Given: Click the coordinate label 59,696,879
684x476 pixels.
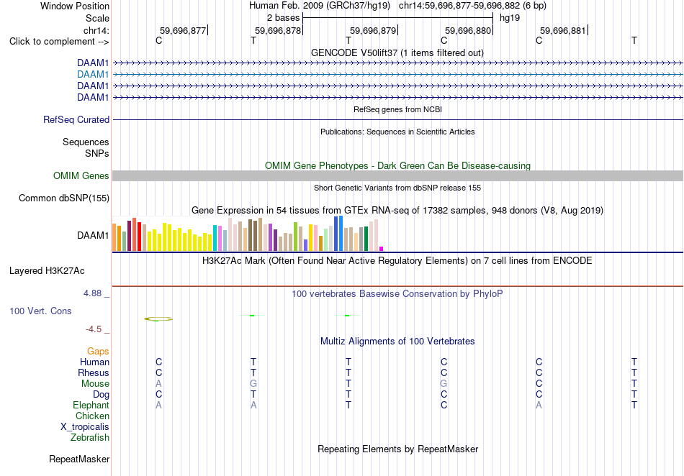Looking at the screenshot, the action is (x=373, y=30).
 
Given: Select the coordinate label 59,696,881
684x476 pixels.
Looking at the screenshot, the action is (x=563, y=30).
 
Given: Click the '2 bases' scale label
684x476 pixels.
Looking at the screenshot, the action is (x=284, y=18).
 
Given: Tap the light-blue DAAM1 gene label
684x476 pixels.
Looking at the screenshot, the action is (x=93, y=75).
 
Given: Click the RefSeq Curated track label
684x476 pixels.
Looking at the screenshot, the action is (x=76, y=120).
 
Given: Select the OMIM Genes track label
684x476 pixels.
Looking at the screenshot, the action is (x=81, y=175).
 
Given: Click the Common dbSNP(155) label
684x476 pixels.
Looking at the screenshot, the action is (x=64, y=198).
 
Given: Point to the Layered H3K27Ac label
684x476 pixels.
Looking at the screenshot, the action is (x=47, y=271).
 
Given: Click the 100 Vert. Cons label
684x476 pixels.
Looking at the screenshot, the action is (x=40, y=311).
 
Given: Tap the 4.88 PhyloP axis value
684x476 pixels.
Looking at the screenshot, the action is (x=92, y=293).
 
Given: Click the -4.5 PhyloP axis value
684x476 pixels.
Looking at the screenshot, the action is (x=94, y=329).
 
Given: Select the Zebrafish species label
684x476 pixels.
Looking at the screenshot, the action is (x=90, y=437).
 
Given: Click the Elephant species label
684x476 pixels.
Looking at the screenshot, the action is (x=91, y=405).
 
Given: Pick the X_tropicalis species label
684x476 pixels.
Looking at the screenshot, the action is (x=85, y=427).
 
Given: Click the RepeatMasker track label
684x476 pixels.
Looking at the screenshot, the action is (x=79, y=459).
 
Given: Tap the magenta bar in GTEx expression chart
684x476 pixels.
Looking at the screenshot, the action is (x=382, y=249).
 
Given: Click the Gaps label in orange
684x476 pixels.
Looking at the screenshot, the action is (x=98, y=351).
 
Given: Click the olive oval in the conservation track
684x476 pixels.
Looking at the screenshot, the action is (x=158, y=318).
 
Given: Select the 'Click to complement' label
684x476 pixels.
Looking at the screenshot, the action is (x=53, y=42).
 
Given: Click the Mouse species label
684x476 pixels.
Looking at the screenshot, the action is (x=95, y=384).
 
